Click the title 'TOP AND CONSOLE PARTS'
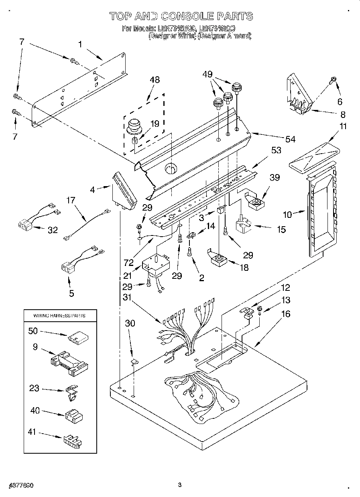pyautogui.click(x=181, y=16)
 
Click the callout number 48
pyautogui.click(x=154, y=80)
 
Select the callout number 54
pyautogui.click(x=290, y=139)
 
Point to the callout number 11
pyautogui.click(x=332, y=126)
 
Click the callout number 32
pyautogui.click(x=53, y=230)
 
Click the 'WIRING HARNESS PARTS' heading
pyautogui.click(x=60, y=316)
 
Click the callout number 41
pyautogui.click(x=32, y=432)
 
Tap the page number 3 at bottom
pyautogui.click(x=180, y=485)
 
